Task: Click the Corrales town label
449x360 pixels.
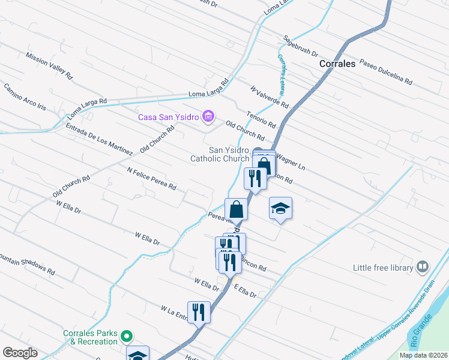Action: [x=337, y=63]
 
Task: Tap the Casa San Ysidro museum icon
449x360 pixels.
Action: [x=208, y=116]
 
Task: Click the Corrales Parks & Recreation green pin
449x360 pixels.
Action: [x=126, y=335]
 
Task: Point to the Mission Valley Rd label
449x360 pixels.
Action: [x=49, y=66]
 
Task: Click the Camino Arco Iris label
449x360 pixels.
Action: [x=25, y=97]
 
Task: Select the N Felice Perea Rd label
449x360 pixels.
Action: [x=151, y=179]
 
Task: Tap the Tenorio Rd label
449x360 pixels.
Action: [x=261, y=119]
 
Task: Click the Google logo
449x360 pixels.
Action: [x=20, y=353]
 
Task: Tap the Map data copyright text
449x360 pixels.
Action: [x=423, y=355]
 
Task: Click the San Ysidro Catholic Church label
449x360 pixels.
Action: [x=220, y=154]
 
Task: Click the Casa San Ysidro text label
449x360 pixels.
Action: [x=168, y=117]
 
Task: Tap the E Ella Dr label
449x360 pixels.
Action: [x=245, y=292]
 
